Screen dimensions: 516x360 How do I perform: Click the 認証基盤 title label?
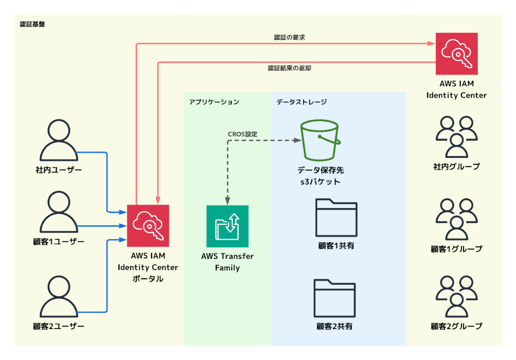[x=32, y=24]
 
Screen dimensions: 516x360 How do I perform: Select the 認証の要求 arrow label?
[x=289, y=37]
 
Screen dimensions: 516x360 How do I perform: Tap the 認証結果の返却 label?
[x=289, y=68]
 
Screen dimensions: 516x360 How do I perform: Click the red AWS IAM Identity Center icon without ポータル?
[x=457, y=54]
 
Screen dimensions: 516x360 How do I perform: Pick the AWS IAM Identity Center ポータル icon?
[x=148, y=226]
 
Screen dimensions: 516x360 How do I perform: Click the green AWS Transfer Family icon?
[x=227, y=226]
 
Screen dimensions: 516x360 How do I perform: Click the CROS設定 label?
[x=243, y=134]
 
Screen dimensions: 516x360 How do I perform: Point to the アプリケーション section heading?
[x=214, y=102]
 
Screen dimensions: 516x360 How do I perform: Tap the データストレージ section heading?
[x=301, y=102]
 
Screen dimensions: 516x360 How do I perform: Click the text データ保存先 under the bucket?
[x=320, y=170]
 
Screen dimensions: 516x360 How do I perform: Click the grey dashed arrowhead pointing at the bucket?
[x=298, y=140]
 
